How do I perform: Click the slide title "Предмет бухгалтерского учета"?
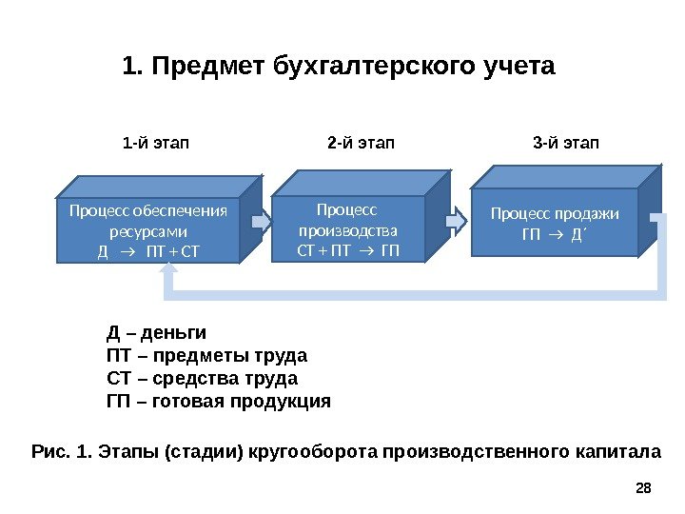[x=338, y=69]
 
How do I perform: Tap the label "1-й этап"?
[x=156, y=144]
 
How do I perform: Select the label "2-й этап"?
[x=360, y=144]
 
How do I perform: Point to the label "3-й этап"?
[x=566, y=144]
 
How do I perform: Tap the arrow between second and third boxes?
[x=457, y=220]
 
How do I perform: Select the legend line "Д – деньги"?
[x=156, y=334]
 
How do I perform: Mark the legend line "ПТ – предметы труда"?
[x=206, y=357]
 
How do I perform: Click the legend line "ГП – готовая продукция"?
[x=218, y=401]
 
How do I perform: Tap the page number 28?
[x=642, y=488]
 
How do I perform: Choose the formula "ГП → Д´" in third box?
[x=555, y=232]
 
